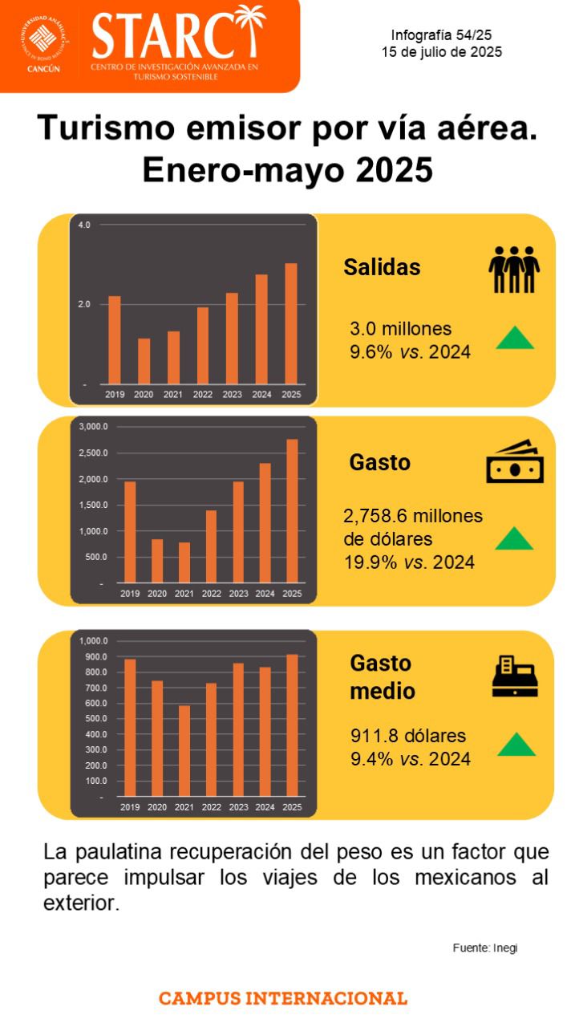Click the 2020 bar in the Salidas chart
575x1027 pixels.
click(144, 361)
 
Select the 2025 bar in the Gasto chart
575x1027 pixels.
click(292, 510)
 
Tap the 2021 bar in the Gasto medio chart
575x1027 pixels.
click(184, 751)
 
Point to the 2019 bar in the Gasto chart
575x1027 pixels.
click(130, 531)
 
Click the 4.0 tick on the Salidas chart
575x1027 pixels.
click(84, 225)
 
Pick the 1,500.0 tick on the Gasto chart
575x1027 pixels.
click(92, 505)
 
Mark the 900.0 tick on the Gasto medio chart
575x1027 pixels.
click(94, 657)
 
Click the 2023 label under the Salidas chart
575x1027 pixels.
click(232, 395)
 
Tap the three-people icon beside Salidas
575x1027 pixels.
click(514, 270)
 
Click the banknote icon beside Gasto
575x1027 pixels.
click(515, 462)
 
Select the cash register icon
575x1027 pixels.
click(515, 676)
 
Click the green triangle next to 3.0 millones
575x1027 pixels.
click(514, 338)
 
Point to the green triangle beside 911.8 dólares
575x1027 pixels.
click(516, 745)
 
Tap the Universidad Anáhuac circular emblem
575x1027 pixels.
click(44, 40)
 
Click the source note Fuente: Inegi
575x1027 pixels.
click(485, 948)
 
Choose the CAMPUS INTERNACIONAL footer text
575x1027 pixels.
click(283, 999)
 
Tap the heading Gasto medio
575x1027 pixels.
click(382, 676)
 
